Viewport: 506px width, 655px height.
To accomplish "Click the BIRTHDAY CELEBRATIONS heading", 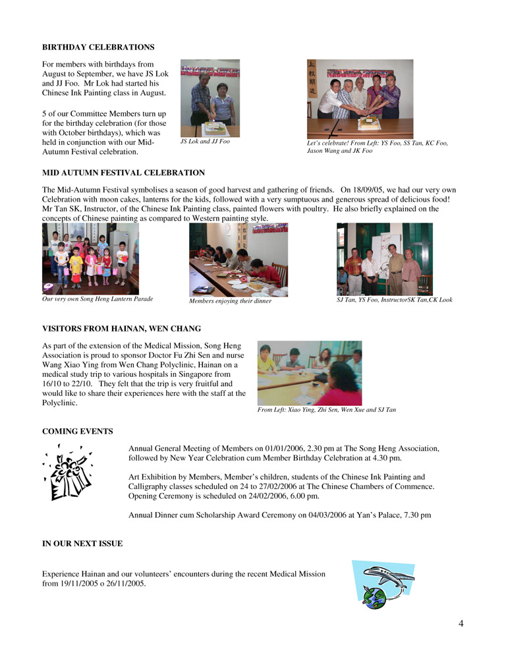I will [98, 47].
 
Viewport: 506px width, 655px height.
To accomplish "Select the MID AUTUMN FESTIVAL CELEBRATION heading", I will [123, 173].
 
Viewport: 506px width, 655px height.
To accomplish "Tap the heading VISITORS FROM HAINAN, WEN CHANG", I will [121, 328].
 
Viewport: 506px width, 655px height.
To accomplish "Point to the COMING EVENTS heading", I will [77, 432].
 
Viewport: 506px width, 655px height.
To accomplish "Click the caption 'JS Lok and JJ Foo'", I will [205, 141].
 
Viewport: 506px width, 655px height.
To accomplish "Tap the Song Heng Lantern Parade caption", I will [98, 299].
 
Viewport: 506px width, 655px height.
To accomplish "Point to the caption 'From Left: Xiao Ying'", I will [326, 410].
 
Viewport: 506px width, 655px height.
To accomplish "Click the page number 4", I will [461, 624].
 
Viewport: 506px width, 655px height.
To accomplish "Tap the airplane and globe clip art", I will [383, 584].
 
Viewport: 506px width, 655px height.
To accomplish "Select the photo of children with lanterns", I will [90, 259].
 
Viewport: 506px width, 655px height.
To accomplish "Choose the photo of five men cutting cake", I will [360, 99].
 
